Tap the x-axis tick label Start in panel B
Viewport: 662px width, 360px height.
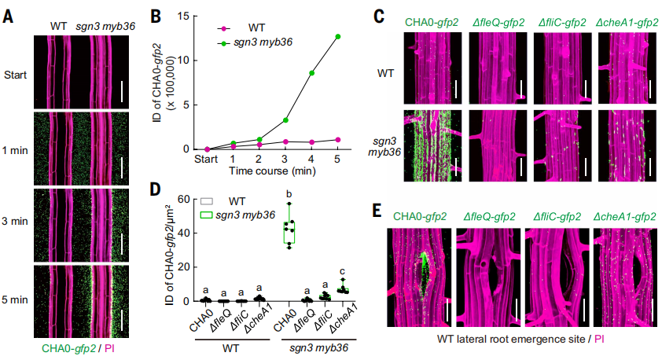click(x=207, y=158)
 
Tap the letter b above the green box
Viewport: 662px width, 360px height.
click(x=290, y=193)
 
